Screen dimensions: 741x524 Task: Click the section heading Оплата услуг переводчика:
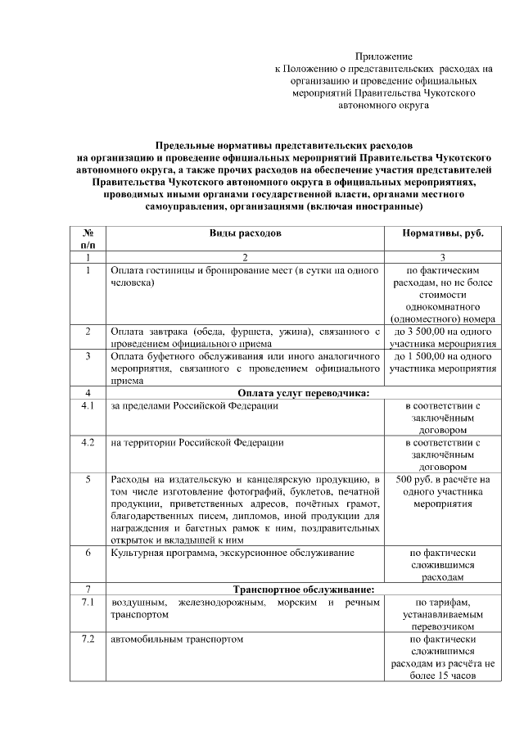[x=303, y=394]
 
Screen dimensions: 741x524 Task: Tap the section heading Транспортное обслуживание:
[x=303, y=590]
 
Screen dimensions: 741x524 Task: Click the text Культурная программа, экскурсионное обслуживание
[x=232, y=553]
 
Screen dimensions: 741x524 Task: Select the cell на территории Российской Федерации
[x=197, y=443]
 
